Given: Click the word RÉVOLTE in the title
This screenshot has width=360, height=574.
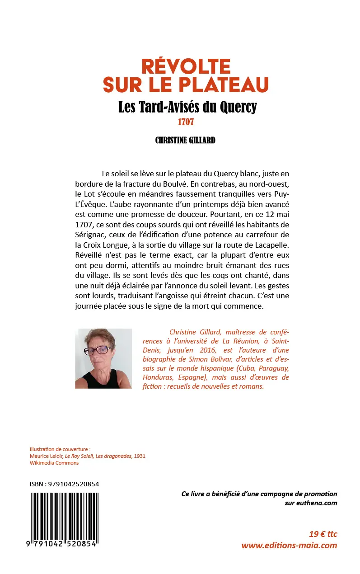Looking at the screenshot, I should [x=186, y=66].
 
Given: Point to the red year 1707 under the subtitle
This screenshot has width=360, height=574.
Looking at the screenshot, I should [x=185, y=122].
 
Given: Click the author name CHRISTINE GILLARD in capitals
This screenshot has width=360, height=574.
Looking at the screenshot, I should [x=185, y=140].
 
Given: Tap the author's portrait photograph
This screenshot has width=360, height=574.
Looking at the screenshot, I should [x=103, y=358].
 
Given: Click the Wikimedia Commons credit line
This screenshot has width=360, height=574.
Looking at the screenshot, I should [x=54, y=463].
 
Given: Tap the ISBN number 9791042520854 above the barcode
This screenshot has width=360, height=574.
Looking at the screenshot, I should [x=71, y=484].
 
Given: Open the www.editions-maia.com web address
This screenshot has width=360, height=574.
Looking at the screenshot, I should [x=289, y=545].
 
